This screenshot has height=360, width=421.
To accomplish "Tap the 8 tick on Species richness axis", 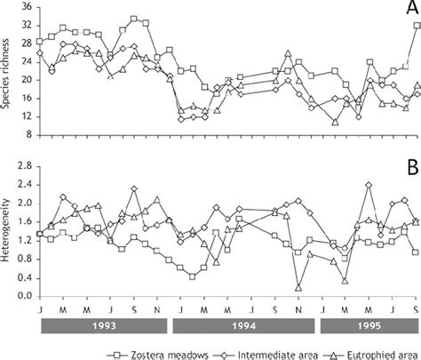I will point(27,135).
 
